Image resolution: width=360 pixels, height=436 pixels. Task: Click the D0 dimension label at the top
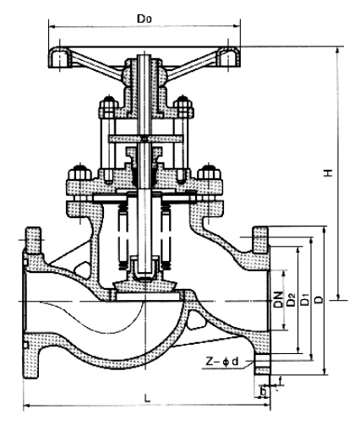tap(144, 19)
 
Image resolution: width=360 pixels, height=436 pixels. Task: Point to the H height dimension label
tap(328, 172)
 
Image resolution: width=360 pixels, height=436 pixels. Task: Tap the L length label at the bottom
tap(147, 398)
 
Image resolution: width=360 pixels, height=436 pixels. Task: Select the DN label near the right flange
tap(278, 299)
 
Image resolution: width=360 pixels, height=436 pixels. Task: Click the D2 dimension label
tap(291, 299)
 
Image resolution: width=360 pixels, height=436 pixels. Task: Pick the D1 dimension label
tap(304, 299)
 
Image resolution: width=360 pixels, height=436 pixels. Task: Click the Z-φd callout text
tap(222, 361)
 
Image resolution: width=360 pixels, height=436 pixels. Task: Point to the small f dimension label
tap(280, 381)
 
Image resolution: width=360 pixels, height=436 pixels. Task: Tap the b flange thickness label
tap(264, 391)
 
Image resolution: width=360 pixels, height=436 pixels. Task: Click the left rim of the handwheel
tap(60, 57)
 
